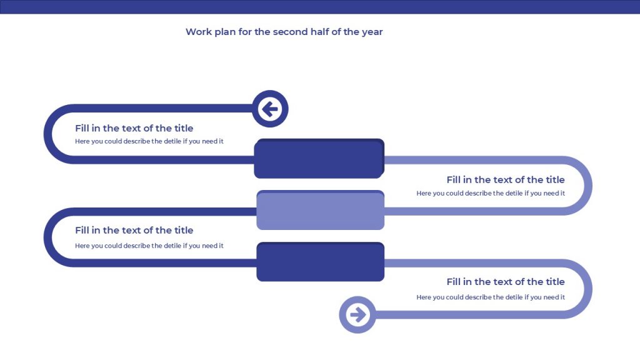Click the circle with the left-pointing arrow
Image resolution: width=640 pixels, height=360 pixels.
(270, 109)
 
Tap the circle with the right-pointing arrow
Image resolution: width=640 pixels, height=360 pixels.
(357, 315)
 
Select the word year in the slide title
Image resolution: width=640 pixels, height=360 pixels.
(372, 32)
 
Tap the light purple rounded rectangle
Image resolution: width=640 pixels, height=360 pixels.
(321, 210)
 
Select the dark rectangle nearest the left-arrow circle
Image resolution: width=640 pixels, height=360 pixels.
(319, 158)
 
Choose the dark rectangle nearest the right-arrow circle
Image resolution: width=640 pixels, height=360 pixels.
(321, 262)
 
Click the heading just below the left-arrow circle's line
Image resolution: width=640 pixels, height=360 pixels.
(134, 128)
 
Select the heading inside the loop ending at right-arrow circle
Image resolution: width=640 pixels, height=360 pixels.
(505, 282)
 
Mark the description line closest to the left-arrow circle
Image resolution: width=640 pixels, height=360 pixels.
(149, 141)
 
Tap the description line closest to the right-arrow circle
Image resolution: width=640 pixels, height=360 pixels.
(491, 297)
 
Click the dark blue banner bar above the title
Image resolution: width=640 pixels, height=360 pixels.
(320, 7)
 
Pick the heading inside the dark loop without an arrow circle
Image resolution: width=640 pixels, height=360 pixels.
(134, 230)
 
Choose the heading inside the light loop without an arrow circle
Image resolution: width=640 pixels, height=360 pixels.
(505, 179)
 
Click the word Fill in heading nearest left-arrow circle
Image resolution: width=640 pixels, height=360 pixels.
(82, 128)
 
